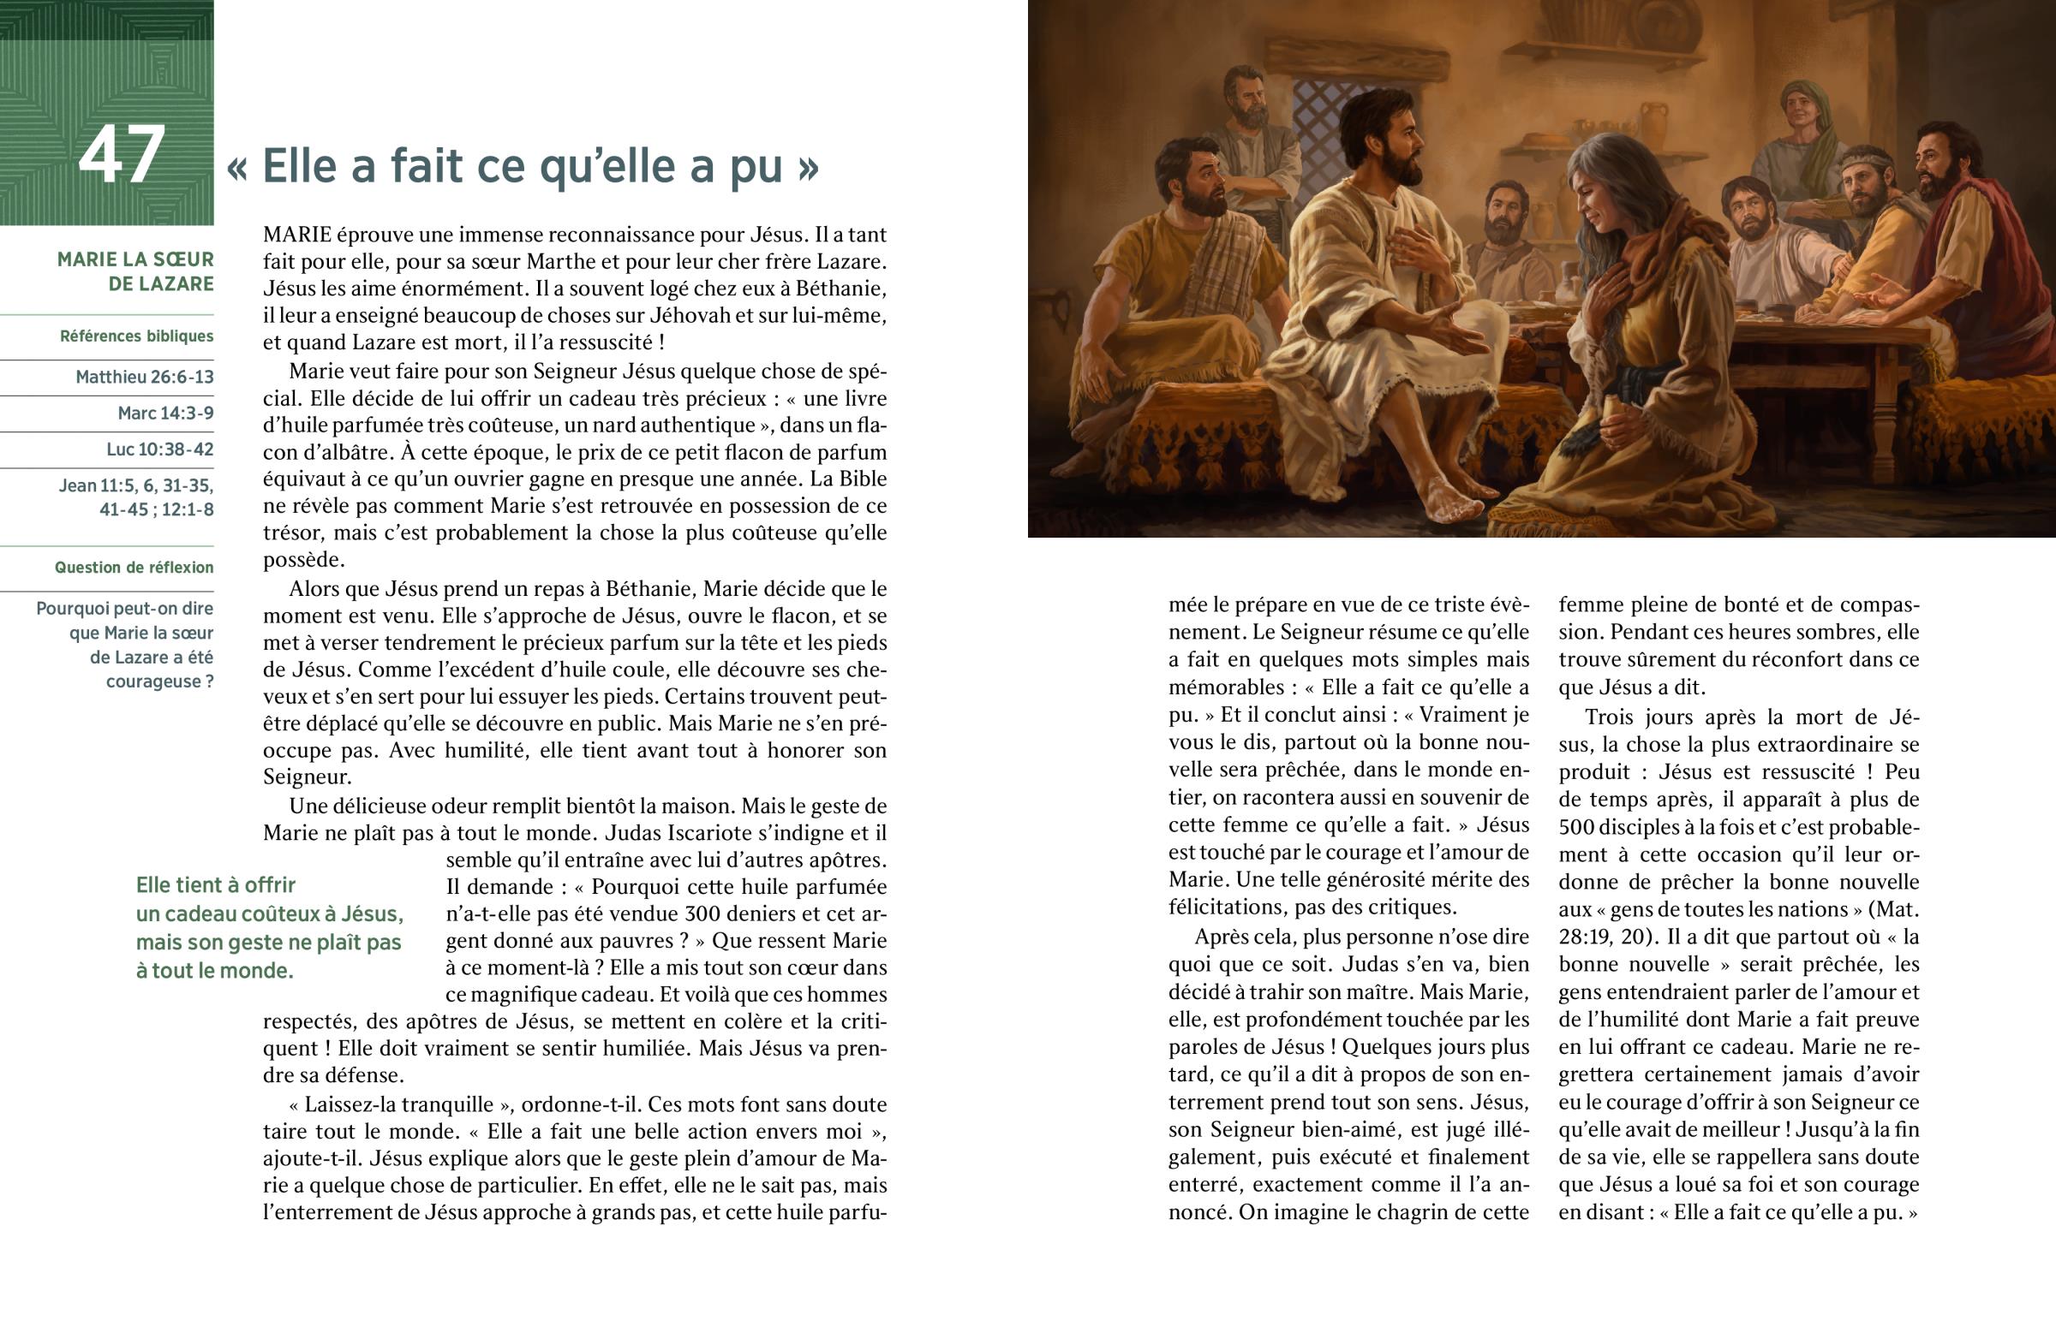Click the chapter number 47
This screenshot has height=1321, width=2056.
121,155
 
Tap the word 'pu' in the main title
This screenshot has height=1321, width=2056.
758,166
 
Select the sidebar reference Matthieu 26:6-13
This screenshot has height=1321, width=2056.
144,378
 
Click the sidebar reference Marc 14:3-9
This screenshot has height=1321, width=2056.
165,414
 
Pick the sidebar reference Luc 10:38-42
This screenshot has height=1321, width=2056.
159,449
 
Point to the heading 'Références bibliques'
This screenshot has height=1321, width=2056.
136,336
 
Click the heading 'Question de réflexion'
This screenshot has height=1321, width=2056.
134,567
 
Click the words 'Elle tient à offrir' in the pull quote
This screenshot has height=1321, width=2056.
215,885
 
